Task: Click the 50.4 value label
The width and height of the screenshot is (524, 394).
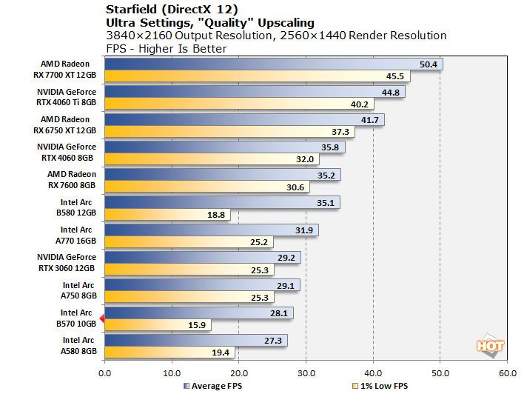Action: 429,64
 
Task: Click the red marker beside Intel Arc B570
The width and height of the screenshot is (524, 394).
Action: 103,319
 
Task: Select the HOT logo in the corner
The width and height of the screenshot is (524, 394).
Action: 489,345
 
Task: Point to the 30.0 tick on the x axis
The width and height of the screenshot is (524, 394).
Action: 306,373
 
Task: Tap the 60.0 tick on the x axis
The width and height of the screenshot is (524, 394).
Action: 507,373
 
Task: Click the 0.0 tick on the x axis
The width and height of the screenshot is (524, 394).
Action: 105,373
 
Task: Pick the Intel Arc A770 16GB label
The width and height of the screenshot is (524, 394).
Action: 77,235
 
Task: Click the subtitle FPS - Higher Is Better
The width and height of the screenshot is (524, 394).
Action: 167,49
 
